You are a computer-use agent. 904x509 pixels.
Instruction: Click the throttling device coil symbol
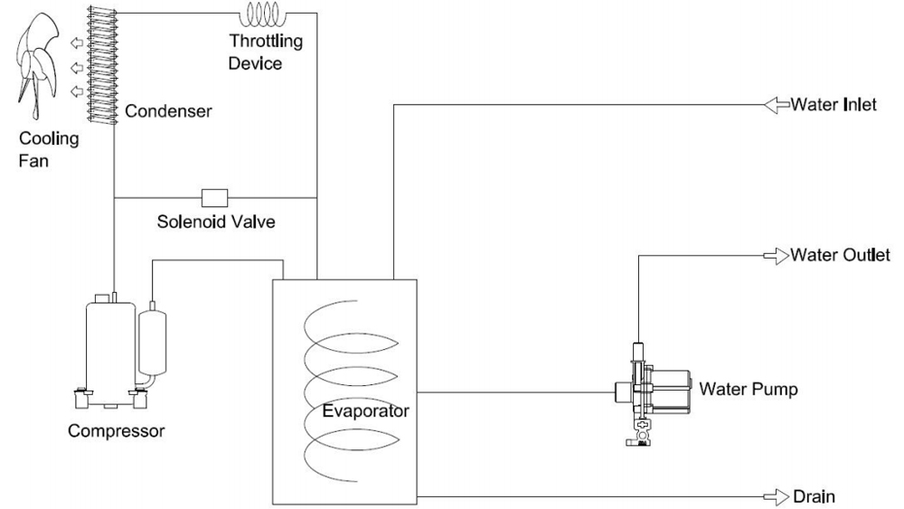click(262, 14)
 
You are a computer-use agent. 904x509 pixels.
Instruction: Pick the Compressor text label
click(116, 430)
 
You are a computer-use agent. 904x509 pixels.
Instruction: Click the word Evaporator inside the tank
click(365, 411)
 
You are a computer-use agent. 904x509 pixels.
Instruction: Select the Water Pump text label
click(749, 390)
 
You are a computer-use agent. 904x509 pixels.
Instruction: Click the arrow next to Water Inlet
click(777, 105)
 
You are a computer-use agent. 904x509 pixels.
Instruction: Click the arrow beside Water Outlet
click(777, 256)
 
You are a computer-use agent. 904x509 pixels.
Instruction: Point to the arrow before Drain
click(777, 496)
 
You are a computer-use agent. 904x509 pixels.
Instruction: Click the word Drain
click(813, 496)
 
